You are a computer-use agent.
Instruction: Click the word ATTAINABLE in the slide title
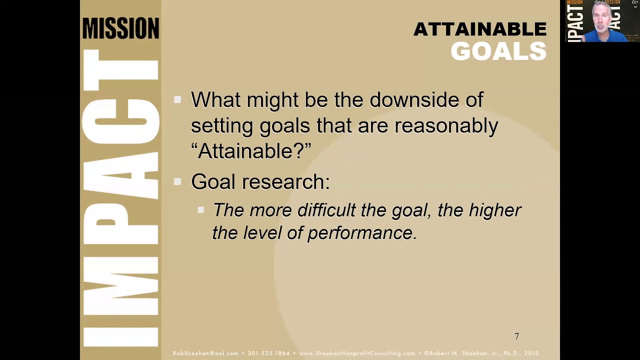click(x=479, y=29)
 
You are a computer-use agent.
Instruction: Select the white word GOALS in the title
click(x=498, y=51)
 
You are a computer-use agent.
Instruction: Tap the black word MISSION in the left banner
click(x=120, y=28)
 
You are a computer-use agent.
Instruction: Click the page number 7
click(x=517, y=336)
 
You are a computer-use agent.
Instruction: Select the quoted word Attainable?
click(x=251, y=151)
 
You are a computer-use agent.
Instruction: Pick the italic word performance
click(x=362, y=233)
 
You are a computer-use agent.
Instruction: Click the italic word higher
click(x=494, y=210)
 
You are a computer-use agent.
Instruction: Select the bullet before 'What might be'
click(x=177, y=100)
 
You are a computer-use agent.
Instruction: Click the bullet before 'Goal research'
click(x=177, y=182)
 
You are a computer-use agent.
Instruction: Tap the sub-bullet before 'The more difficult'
click(x=201, y=210)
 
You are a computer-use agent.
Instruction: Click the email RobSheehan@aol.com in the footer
click(x=205, y=353)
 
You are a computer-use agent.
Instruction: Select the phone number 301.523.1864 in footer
click(x=268, y=353)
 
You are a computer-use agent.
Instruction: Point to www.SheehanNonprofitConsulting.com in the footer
click(x=357, y=353)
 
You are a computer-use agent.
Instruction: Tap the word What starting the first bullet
click(x=215, y=100)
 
